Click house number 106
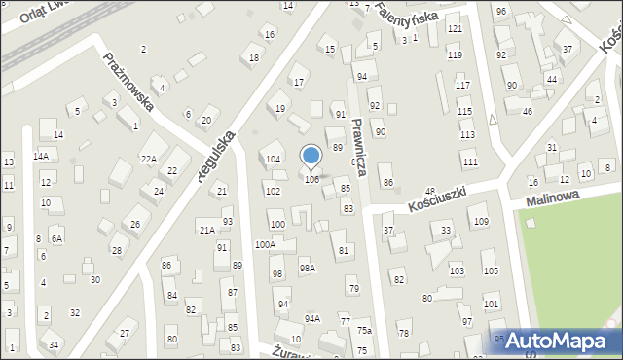311,179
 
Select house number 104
274,159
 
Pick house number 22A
148,159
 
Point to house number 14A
41,156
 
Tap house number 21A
207,230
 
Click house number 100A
265,245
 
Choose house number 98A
307,268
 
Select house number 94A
311,318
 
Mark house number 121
455,29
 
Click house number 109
481,222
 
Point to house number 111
470,162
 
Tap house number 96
501,11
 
